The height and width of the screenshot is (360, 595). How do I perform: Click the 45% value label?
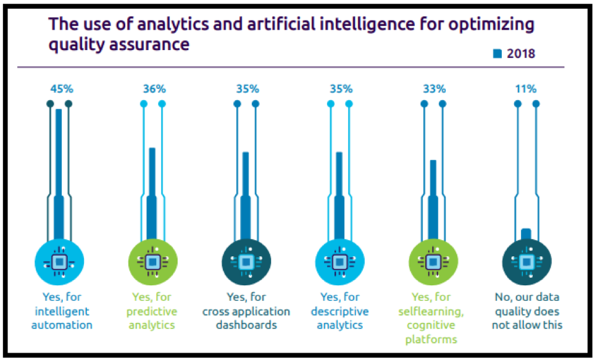tap(59, 88)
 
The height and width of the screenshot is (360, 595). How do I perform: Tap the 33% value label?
tap(433, 88)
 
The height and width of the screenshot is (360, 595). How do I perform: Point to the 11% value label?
tap(526, 88)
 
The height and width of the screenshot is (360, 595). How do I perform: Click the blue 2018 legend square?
tap(497, 54)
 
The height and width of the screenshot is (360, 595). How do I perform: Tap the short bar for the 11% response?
tap(526, 233)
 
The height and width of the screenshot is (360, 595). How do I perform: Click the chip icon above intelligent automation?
tap(59, 262)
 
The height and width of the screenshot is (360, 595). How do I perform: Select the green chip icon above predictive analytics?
tap(152, 262)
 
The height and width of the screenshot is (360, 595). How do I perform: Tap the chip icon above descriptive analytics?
tap(339, 262)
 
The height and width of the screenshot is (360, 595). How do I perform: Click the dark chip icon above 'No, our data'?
tap(526, 262)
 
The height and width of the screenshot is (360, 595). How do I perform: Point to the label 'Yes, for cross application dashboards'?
tap(246, 311)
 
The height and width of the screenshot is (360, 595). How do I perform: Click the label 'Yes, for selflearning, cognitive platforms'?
tap(433, 317)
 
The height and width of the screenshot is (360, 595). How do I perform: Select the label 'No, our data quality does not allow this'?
tap(526, 311)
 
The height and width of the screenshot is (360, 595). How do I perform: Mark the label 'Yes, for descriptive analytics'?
tap(339, 311)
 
